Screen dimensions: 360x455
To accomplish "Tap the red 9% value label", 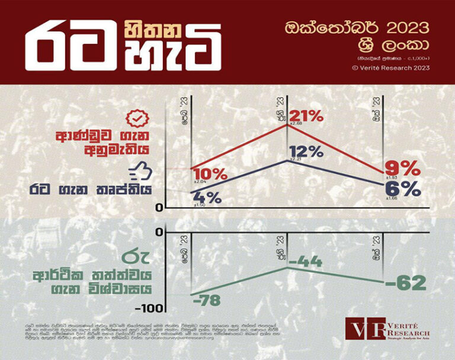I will [x=403, y=169].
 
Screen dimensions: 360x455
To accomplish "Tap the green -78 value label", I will [x=206, y=301].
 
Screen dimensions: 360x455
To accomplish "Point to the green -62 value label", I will [x=405, y=282].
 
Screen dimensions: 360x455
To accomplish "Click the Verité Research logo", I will [x=387, y=330].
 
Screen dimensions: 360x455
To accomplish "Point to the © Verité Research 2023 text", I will [x=390, y=67].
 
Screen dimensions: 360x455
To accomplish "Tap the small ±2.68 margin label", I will [x=296, y=124].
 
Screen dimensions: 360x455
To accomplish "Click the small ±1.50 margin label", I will [x=200, y=205].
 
